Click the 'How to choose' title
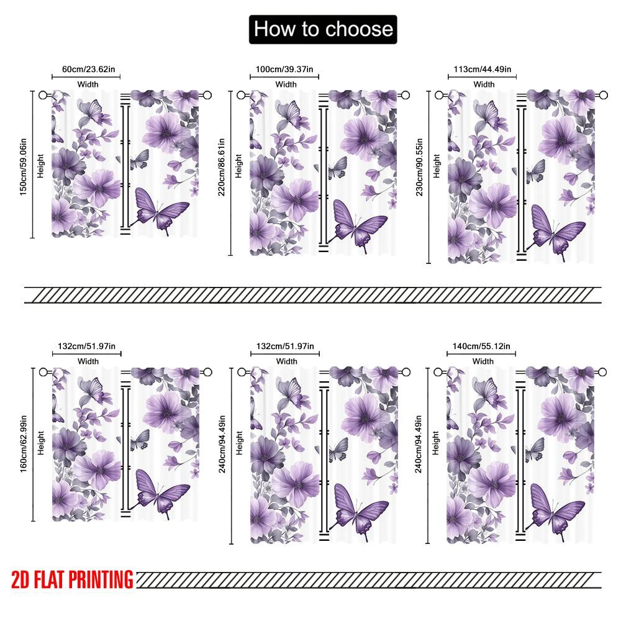pos(323,29)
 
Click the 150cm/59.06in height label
pos(24,165)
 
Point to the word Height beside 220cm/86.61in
pos(239,166)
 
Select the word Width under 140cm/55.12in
pos(483,361)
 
